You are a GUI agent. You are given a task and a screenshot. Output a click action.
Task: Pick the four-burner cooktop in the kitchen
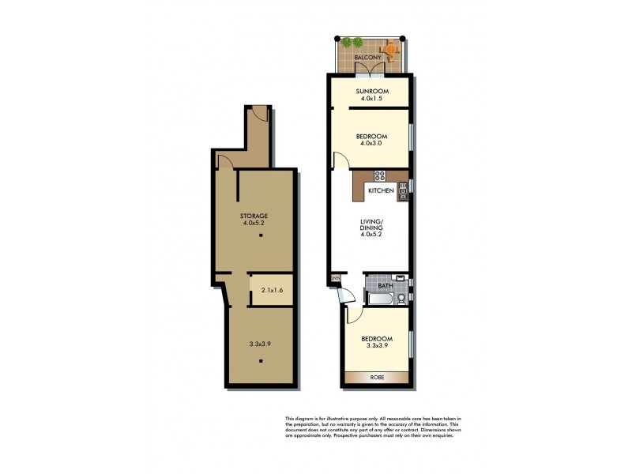[x=379, y=175]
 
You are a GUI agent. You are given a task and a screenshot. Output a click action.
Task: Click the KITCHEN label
[x=381, y=191]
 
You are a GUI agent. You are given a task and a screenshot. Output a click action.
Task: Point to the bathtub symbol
[x=378, y=299]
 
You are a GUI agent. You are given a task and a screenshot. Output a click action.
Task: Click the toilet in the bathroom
[x=401, y=298]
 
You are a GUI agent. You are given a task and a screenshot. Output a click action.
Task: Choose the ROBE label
[x=377, y=378]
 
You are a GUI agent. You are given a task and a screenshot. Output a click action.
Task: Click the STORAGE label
[x=254, y=216]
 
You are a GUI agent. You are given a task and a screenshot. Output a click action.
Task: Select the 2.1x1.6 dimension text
[x=272, y=291]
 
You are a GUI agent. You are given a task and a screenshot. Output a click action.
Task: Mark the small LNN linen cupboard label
[x=335, y=277]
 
